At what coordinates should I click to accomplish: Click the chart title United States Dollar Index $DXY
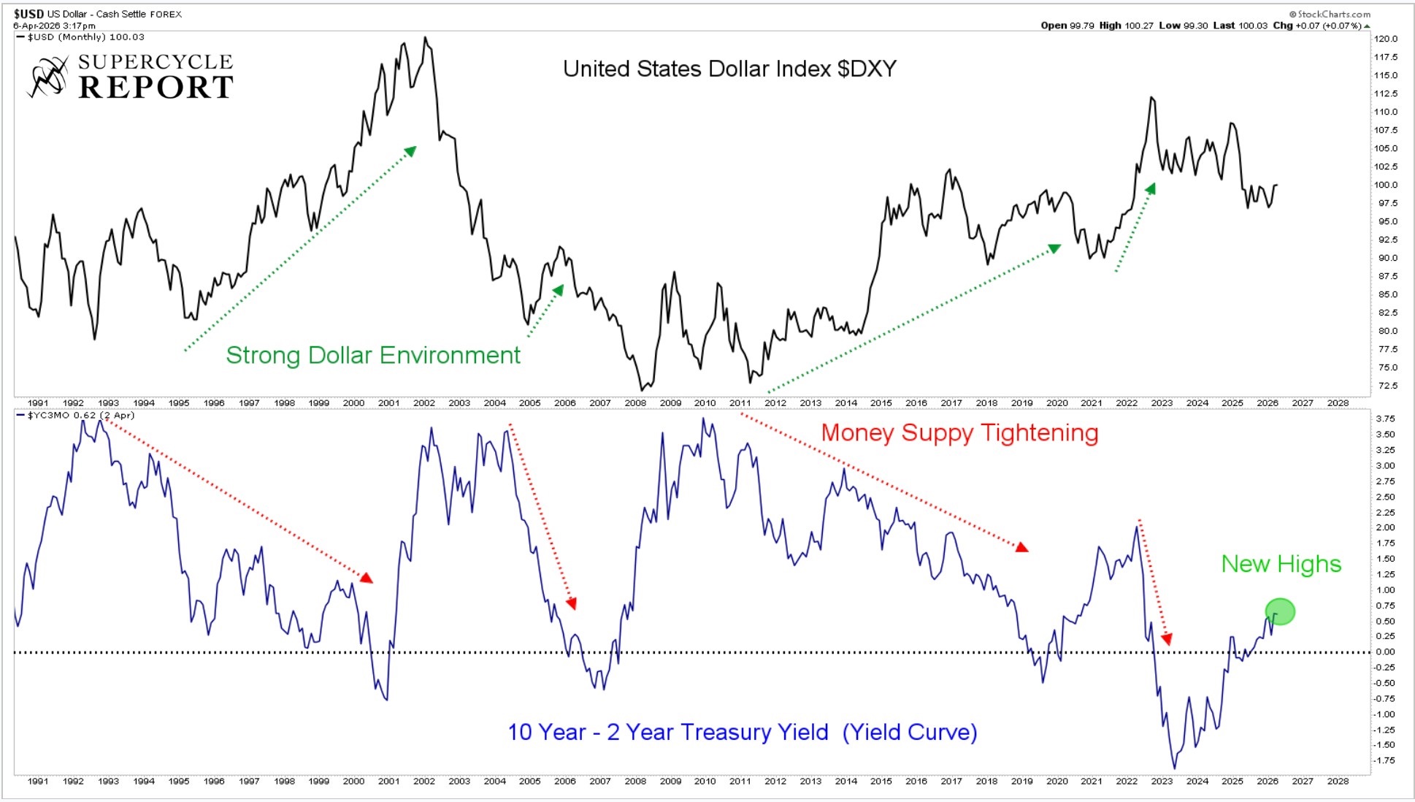[x=729, y=69]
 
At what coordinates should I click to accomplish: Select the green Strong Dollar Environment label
[x=372, y=355]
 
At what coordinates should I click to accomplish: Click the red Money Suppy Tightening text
[x=959, y=432]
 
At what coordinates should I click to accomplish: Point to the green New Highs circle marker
[x=1280, y=611]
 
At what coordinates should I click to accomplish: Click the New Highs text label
[x=1281, y=564]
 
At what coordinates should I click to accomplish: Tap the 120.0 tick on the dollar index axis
[x=1385, y=39]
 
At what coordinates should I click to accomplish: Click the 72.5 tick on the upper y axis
[x=1385, y=386]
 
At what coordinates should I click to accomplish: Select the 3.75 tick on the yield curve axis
[x=1385, y=419]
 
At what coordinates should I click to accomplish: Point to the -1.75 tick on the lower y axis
[x=1384, y=760]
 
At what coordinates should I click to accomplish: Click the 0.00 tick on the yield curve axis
[x=1385, y=652]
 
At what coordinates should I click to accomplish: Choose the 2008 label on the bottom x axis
[x=635, y=781]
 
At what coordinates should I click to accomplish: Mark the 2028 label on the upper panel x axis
[x=1338, y=402]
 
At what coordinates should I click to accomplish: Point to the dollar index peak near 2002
[x=426, y=38]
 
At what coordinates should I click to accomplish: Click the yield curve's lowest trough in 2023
[x=1175, y=768]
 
